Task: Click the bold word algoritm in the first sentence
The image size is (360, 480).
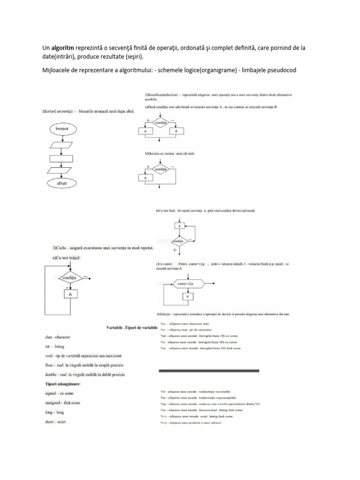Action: pyautogui.click(x=65, y=47)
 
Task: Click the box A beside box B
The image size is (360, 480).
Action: pyautogui.click(x=146, y=132)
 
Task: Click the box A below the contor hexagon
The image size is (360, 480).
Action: pyautogui.click(x=187, y=297)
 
